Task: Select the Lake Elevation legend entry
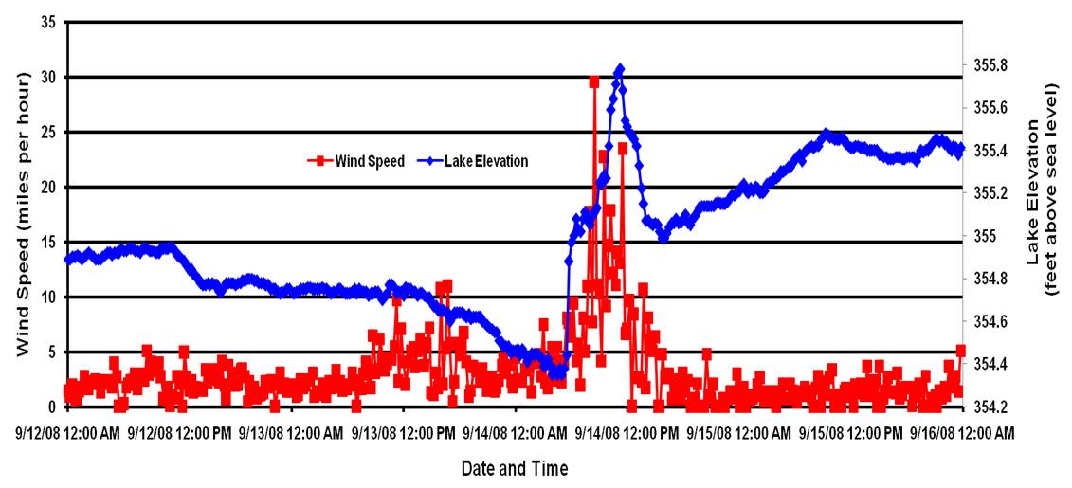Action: pyautogui.click(x=482, y=161)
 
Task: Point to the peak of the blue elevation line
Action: pyautogui.click(x=620, y=69)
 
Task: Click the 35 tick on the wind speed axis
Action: pyautogui.click(x=47, y=21)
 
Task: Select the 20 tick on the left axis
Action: pyautogui.click(x=47, y=187)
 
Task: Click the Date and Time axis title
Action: pyautogui.click(x=515, y=468)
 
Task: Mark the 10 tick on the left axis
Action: pyautogui.click(x=47, y=297)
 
